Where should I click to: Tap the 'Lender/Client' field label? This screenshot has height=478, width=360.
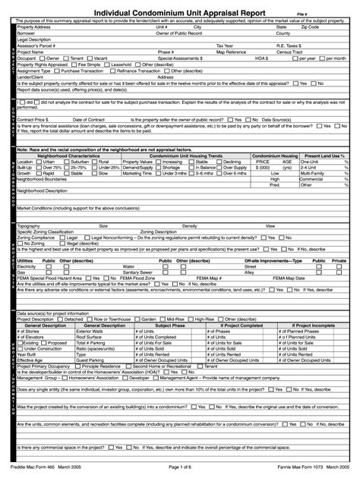(30, 76)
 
